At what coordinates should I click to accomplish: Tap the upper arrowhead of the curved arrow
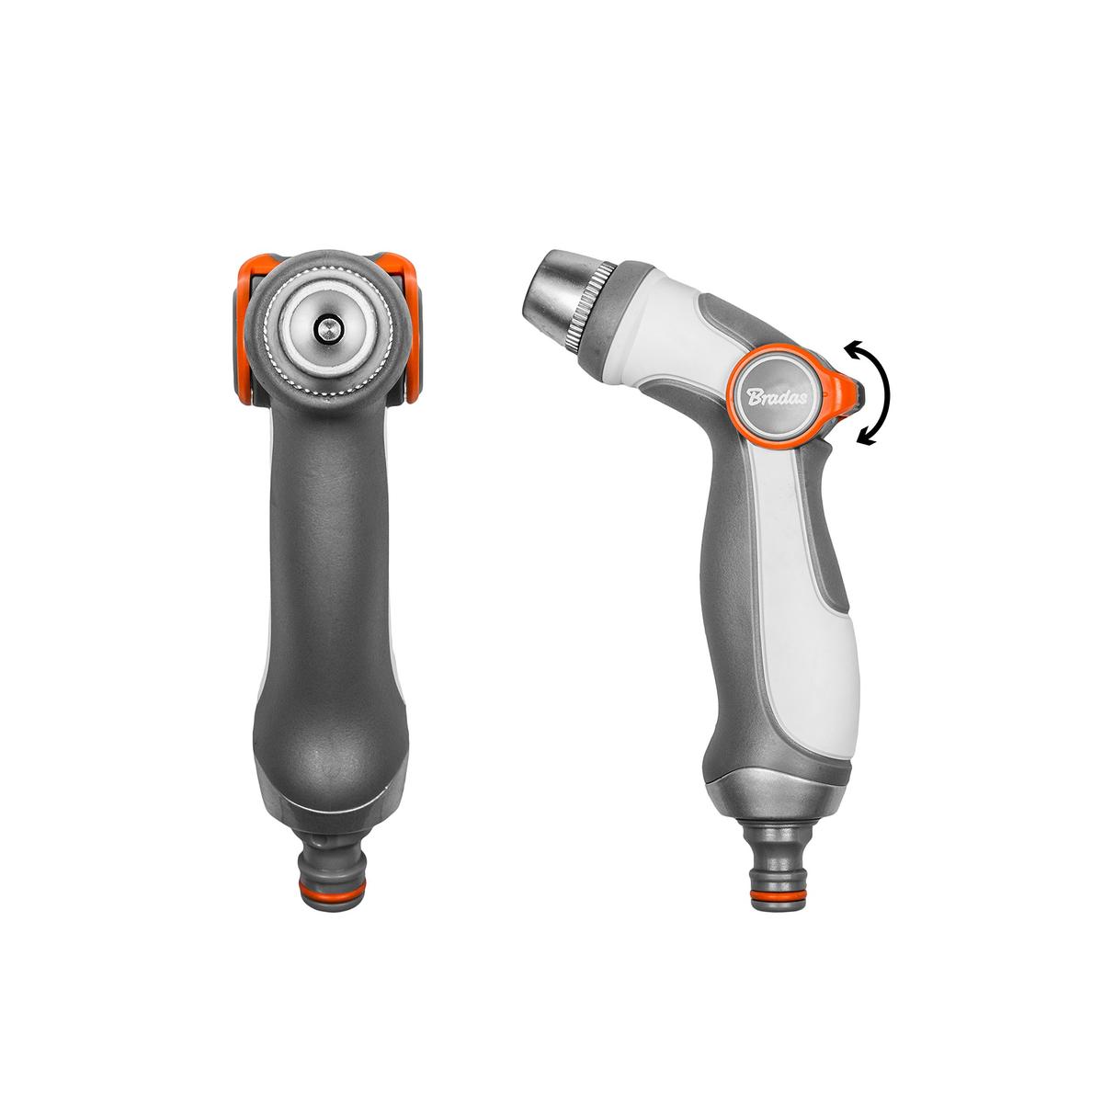tap(854, 350)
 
